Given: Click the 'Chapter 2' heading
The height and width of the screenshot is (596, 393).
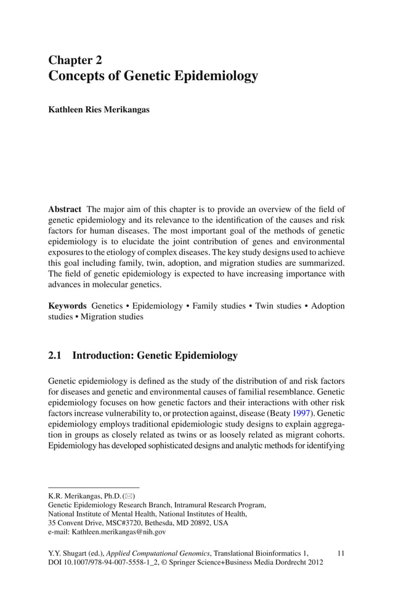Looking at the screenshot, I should point(75,60).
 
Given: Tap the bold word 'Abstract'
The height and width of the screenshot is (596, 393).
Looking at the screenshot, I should point(65,209).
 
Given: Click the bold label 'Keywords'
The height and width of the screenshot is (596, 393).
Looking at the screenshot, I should point(67,306).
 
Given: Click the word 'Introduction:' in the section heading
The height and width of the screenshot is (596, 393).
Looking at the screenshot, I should point(102,356).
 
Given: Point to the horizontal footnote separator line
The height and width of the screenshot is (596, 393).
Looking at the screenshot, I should point(94,487).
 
